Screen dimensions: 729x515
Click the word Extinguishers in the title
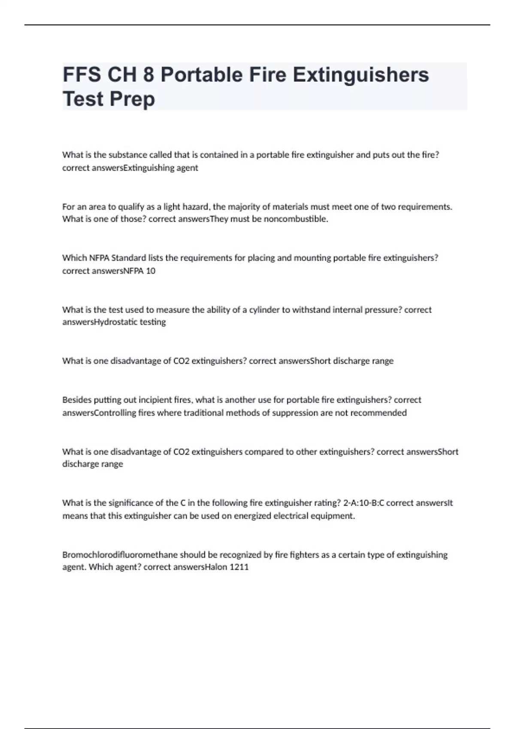coord(361,75)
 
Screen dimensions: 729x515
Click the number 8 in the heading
coord(148,75)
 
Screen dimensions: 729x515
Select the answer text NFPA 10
coord(139,271)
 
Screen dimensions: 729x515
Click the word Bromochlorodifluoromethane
coord(120,554)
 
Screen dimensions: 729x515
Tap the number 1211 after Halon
coord(239,567)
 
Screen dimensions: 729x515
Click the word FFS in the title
coord(82,75)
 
